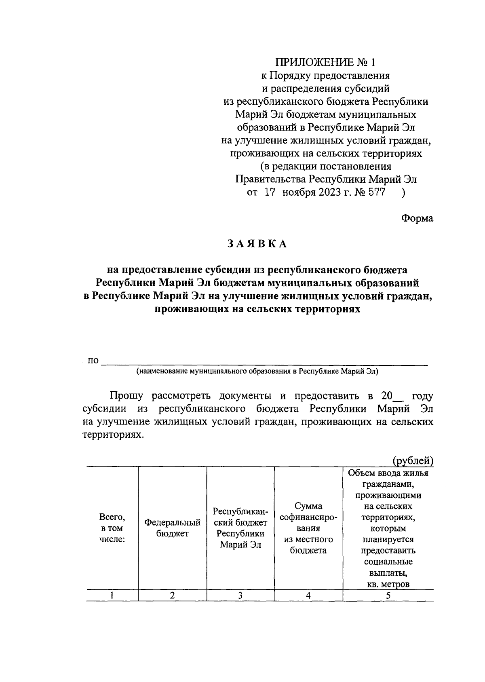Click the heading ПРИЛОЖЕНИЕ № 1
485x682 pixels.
[325, 63]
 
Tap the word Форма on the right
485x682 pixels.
[417, 218]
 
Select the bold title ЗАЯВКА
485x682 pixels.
[257, 244]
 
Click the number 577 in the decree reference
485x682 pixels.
[376, 192]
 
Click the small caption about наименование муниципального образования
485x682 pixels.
[257, 371]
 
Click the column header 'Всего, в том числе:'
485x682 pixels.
[112, 528]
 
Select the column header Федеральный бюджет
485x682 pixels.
[172, 528]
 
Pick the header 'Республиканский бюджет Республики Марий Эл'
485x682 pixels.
[240, 528]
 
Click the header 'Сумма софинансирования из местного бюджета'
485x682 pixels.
[308, 528]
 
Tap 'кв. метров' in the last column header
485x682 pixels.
[388, 584]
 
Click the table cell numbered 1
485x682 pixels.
[112, 595]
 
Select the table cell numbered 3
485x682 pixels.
[240, 595]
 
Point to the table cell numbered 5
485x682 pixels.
[388, 595]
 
